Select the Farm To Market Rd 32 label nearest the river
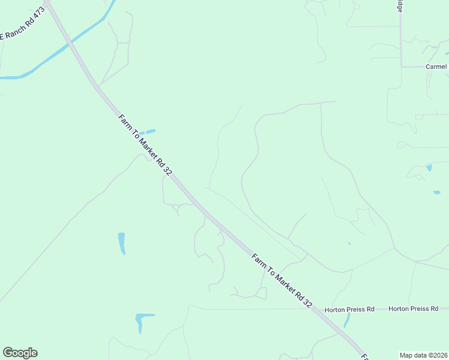coord(145,144)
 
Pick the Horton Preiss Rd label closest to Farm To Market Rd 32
coord(349,309)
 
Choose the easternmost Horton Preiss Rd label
coord(413,308)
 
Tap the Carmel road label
coord(436,67)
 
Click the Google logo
coord(20,353)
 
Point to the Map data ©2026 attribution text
coord(424,355)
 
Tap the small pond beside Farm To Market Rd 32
coord(148,131)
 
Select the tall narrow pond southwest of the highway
coord(122,242)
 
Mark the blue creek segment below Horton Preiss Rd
coord(347,319)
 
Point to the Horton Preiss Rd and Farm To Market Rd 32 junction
coord(318,310)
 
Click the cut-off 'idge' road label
coord(400,5)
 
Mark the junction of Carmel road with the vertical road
coord(402,67)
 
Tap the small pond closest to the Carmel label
coord(447,53)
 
